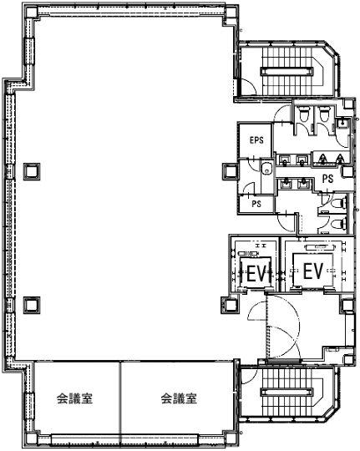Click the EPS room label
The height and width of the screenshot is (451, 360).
pos(256,140)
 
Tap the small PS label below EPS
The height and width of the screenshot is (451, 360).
pos(256,202)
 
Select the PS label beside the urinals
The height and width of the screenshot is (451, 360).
pos(328,178)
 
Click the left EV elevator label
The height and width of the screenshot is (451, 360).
pos(255,271)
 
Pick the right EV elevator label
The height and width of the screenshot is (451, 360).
pos(312,271)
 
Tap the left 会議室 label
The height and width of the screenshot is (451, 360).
pos(74,398)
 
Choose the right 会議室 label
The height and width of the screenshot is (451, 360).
pos(178,398)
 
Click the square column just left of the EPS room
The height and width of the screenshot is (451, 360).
pos(230,171)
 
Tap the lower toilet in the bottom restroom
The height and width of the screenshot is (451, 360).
pos(339,224)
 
